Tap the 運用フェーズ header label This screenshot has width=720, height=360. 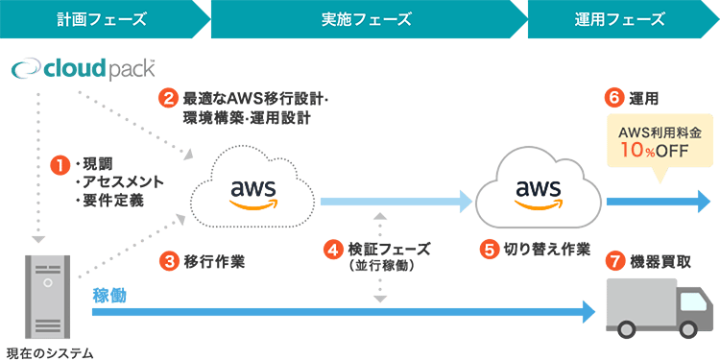pos(619,18)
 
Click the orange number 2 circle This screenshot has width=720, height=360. pos(168,98)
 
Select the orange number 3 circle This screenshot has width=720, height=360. pos(168,259)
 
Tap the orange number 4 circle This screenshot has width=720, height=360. pos(333,249)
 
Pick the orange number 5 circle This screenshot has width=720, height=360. pos(490,249)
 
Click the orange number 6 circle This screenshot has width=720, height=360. pos(614,98)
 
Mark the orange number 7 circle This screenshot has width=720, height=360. pos(614,259)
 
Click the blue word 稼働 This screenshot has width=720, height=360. pos(109,295)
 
